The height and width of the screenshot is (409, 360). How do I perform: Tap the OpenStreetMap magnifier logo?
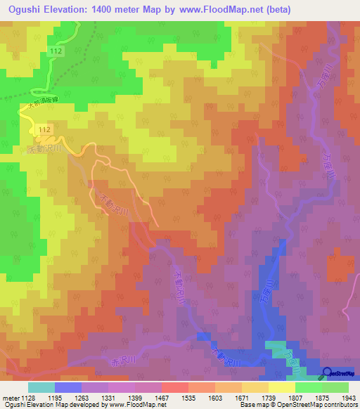328,373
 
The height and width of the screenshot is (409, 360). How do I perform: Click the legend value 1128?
28,398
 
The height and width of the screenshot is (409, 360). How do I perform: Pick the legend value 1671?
242,398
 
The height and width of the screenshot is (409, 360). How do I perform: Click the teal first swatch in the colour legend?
41,387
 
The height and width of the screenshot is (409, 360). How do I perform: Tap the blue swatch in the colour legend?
68,387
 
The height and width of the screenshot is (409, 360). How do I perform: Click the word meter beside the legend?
10,398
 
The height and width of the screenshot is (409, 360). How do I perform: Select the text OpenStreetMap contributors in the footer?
326,405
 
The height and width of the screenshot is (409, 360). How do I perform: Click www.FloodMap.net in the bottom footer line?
126,405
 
